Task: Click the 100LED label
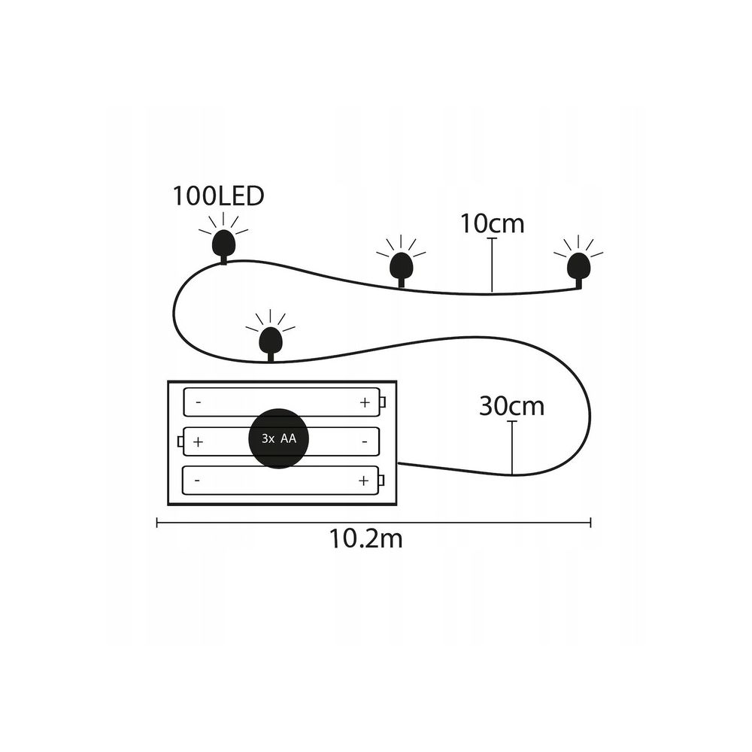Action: (x=218, y=196)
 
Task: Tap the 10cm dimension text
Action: (x=492, y=224)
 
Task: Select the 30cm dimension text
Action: (x=511, y=407)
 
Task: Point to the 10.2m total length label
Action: (x=365, y=539)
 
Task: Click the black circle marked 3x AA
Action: (x=279, y=438)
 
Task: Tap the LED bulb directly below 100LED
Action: (x=223, y=243)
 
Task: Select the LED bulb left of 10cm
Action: (x=401, y=266)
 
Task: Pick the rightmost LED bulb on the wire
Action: (x=578, y=266)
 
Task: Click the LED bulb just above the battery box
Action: (x=271, y=341)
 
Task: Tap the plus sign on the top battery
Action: (x=365, y=402)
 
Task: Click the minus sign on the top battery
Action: (x=199, y=402)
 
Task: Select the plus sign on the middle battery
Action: (x=198, y=441)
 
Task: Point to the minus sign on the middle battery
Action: (x=365, y=441)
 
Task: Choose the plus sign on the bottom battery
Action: (x=363, y=480)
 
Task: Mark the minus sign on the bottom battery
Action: (x=197, y=480)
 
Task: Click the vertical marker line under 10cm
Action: (x=492, y=265)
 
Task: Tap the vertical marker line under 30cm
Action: (x=512, y=448)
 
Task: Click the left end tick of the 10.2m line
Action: (x=157, y=523)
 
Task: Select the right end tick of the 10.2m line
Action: (x=590, y=523)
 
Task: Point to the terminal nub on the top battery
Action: (x=383, y=402)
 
